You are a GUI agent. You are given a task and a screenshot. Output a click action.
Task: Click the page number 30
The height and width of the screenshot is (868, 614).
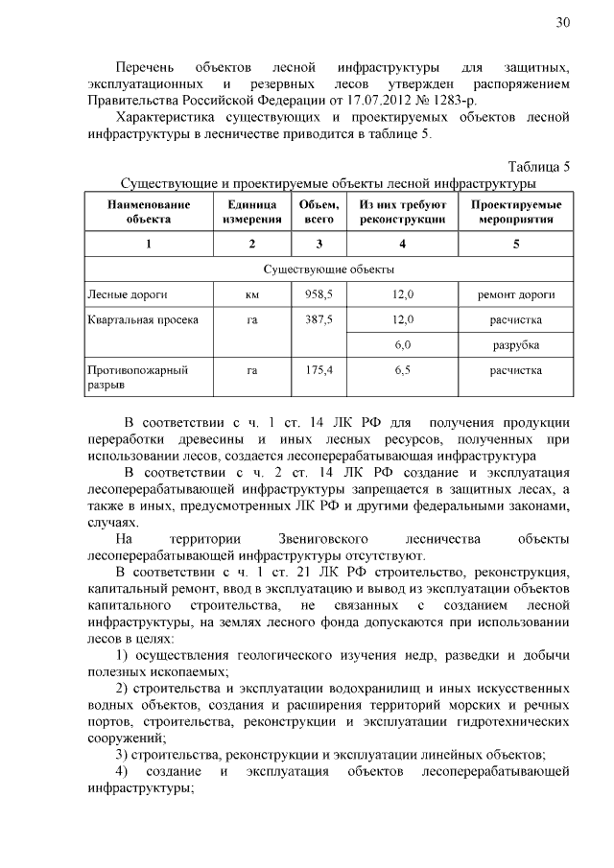[563, 23]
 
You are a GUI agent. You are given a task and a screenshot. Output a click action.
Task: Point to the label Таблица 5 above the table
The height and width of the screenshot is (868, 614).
[539, 166]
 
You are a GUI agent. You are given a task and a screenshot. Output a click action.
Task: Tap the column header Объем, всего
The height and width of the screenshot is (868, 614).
[319, 212]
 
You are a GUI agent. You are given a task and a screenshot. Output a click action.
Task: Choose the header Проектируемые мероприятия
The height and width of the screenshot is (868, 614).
[516, 212]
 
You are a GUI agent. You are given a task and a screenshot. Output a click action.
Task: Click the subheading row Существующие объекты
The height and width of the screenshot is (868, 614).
[327, 270]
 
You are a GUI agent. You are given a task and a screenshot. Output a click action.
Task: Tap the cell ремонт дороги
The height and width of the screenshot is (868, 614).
[516, 294]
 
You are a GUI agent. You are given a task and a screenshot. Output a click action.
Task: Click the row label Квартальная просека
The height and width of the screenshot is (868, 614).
[143, 319]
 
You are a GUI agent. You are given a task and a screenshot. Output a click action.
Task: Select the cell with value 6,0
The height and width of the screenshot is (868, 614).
[403, 343]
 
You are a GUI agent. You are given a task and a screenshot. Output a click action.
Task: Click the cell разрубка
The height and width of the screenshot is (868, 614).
[516, 343]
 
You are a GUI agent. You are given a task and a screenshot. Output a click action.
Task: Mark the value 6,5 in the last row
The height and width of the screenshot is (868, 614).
[403, 369]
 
